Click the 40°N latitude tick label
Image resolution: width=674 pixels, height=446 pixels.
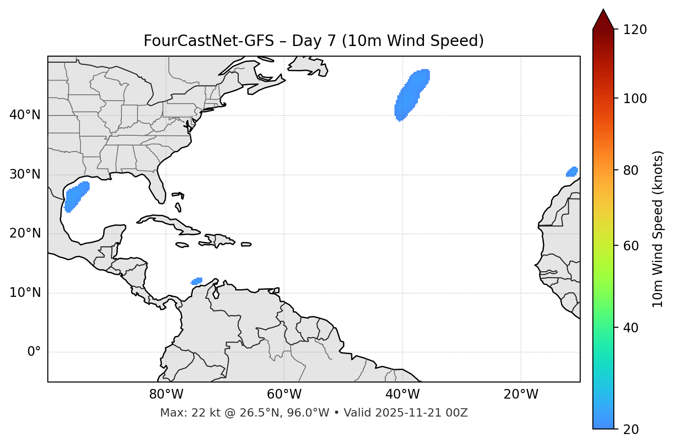[25, 115]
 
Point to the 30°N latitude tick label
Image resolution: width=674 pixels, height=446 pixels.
[25, 174]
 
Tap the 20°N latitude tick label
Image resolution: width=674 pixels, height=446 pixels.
[25, 233]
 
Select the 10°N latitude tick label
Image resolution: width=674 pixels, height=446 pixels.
[25, 293]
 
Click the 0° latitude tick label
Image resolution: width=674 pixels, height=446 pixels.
[34, 352]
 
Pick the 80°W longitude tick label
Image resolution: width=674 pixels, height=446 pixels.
[166, 394]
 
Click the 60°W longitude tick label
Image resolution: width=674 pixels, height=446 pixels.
[284, 394]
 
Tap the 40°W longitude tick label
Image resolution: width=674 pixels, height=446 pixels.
[403, 394]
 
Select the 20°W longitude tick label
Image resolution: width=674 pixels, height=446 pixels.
[521, 394]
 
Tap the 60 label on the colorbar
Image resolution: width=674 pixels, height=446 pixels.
[633, 246]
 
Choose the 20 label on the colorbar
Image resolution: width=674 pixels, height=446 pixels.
[633, 429]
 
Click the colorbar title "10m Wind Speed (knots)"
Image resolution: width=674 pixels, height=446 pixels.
[658, 229]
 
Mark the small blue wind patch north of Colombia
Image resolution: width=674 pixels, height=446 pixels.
[197, 281]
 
